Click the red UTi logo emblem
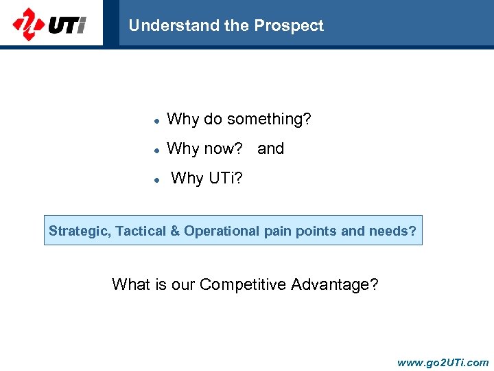tap(28, 25)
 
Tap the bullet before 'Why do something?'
tap(156, 120)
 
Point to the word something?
tap(269, 120)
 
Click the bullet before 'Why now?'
tap(156, 150)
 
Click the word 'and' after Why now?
tap(270, 149)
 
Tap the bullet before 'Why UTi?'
tap(156, 179)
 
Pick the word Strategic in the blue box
tap(78, 232)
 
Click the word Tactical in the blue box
tap(141, 232)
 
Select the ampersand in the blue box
tap(175, 232)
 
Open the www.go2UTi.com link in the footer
tap(443, 362)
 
